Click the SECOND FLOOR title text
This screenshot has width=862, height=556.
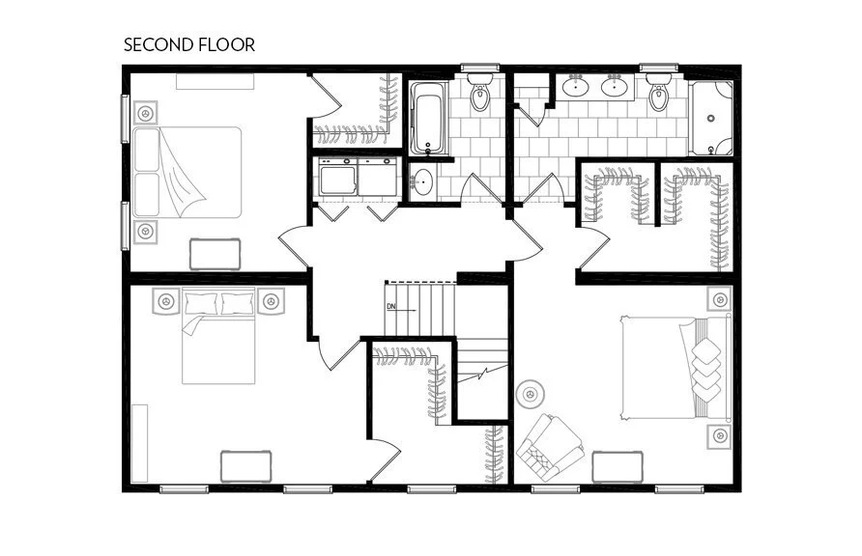pyautogui.click(x=188, y=44)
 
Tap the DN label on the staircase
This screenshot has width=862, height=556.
pyautogui.click(x=390, y=307)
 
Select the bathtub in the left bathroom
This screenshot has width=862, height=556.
pyautogui.click(x=427, y=120)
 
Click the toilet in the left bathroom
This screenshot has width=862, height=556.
pyautogui.click(x=480, y=97)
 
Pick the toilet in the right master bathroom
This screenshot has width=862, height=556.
pyautogui.click(x=659, y=96)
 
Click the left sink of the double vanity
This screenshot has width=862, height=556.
pyautogui.click(x=577, y=88)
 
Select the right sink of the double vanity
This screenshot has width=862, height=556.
pyautogui.click(x=615, y=88)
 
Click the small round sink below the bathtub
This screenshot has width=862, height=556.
pyautogui.click(x=422, y=181)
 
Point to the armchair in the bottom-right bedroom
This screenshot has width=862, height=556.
pyautogui.click(x=549, y=447)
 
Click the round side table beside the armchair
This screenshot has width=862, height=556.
pyautogui.click(x=530, y=394)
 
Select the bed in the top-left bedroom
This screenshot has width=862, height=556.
pyautogui.click(x=187, y=172)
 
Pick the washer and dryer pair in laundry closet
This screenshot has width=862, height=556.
pyautogui.click(x=356, y=177)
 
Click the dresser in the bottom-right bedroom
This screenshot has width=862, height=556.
pyautogui.click(x=618, y=466)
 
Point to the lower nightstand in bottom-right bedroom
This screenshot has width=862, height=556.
pyautogui.click(x=719, y=436)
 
